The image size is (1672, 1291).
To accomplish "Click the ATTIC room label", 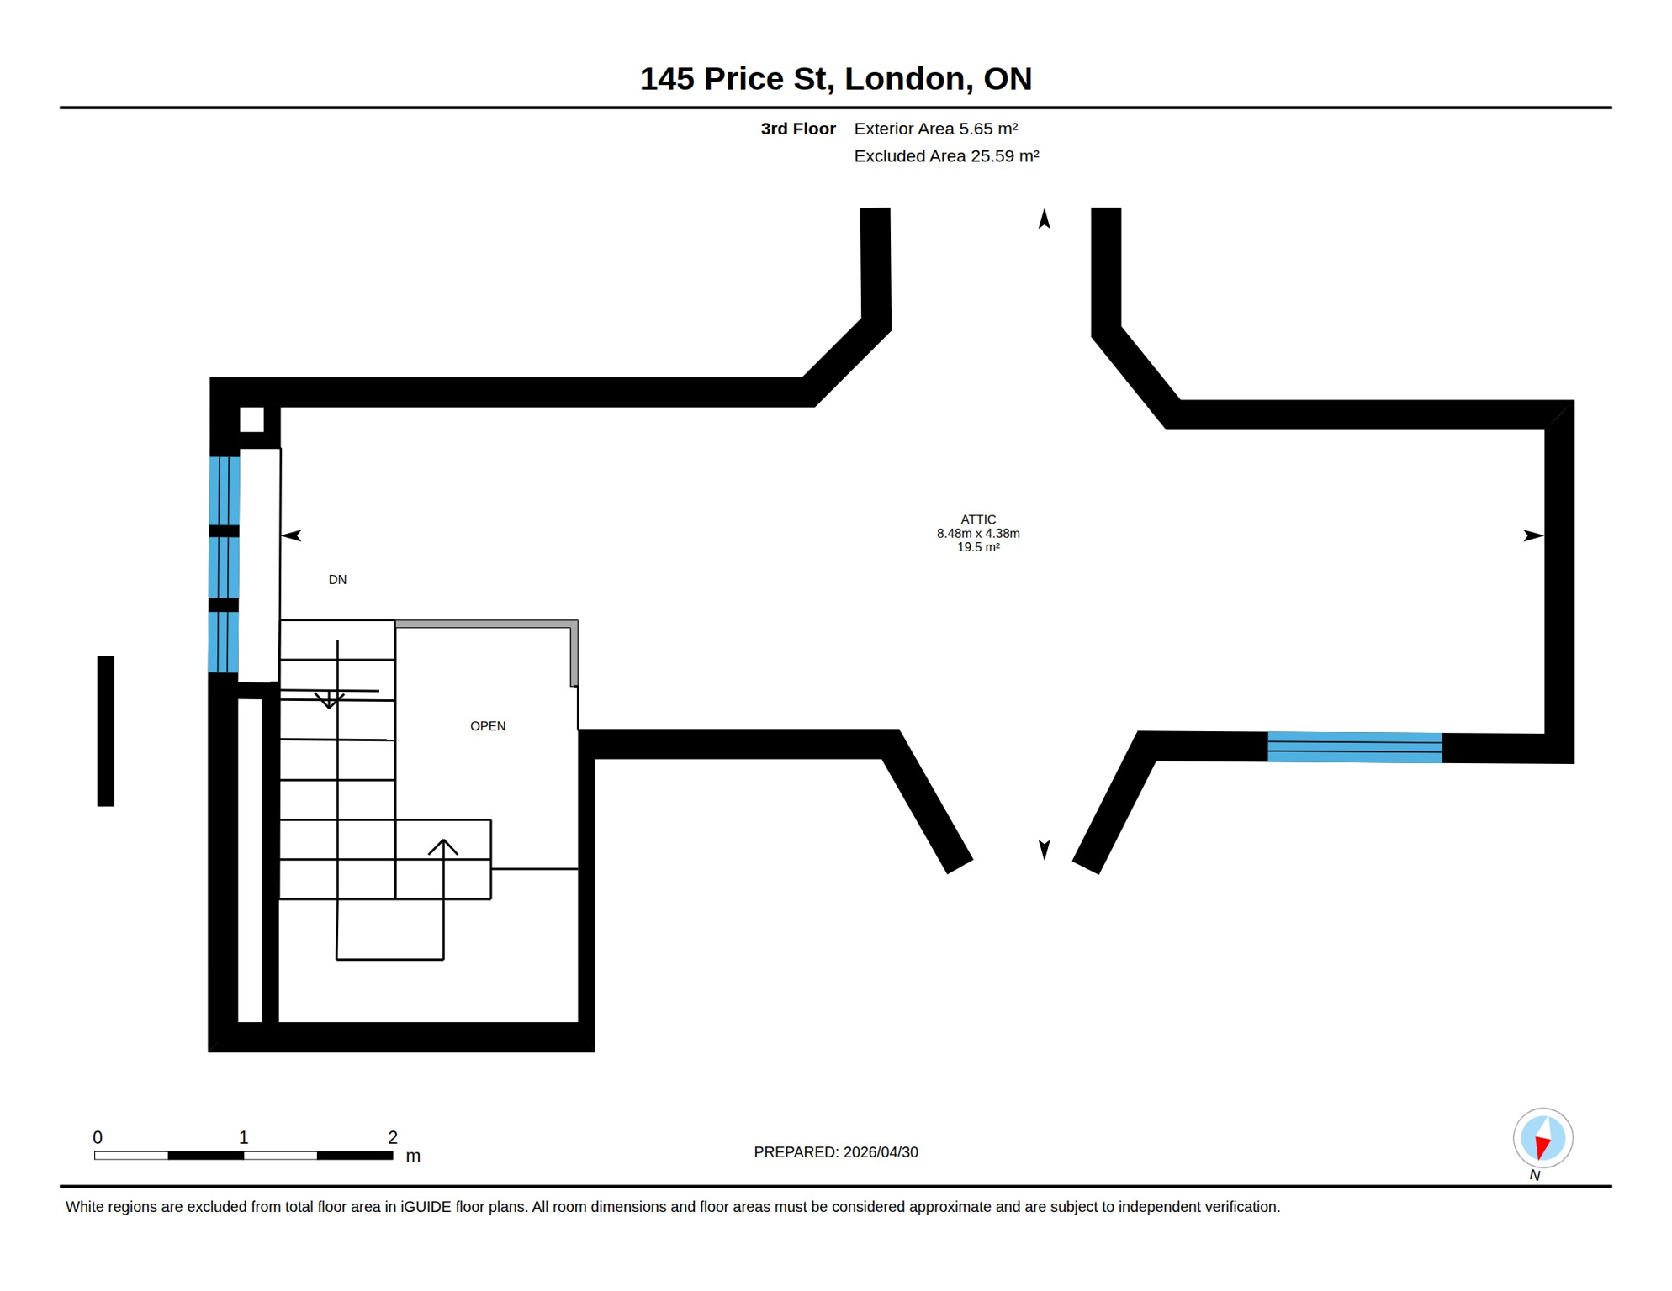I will tap(978, 520).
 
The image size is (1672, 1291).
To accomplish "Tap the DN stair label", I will tap(337, 580).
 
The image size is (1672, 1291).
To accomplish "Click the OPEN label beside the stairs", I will tap(488, 726).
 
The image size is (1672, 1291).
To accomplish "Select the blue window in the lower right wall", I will tap(1354, 747).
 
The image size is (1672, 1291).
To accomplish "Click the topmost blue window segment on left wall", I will tap(225, 491).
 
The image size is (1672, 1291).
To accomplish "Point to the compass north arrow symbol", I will tap(1542, 1138).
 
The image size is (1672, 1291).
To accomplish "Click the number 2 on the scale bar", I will tap(393, 1137).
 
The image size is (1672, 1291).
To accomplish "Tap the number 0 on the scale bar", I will tap(98, 1137).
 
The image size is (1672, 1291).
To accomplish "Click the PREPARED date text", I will tap(835, 1152).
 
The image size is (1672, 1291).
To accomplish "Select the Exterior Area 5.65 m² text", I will tap(935, 129).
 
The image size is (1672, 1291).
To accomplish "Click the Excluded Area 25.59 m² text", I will tap(946, 156).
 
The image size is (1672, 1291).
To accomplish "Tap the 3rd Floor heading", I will tap(797, 129).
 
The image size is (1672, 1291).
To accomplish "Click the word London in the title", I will tap(904, 78).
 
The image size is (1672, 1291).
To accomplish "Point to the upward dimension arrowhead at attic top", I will tap(1045, 219).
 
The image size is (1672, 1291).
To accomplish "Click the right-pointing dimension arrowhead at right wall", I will tap(1532, 535).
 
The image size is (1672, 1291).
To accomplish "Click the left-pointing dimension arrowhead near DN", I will tap(292, 535).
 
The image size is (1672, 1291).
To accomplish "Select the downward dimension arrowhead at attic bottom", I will tap(1045, 849).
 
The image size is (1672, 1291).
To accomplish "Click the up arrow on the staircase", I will tap(443, 847).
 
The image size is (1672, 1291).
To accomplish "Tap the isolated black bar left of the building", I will tap(105, 731).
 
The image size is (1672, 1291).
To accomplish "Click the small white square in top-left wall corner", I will tap(251, 419).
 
